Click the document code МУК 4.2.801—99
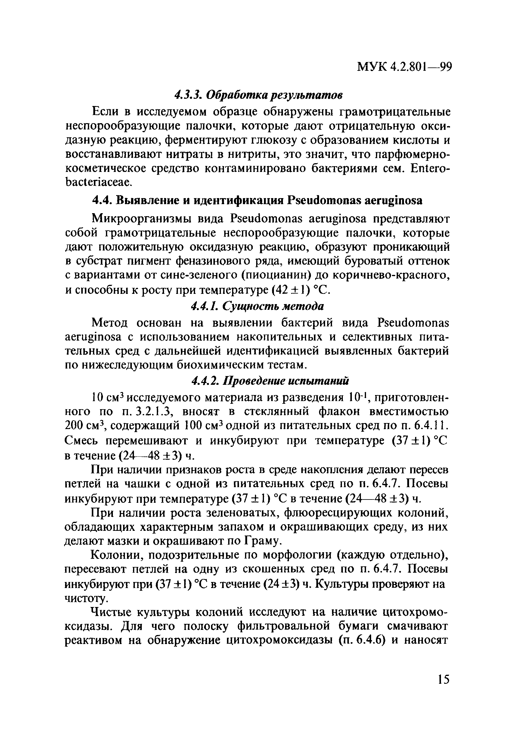(405, 67)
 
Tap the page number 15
(443, 680)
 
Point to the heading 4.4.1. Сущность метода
(257, 306)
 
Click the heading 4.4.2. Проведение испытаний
(270, 381)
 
